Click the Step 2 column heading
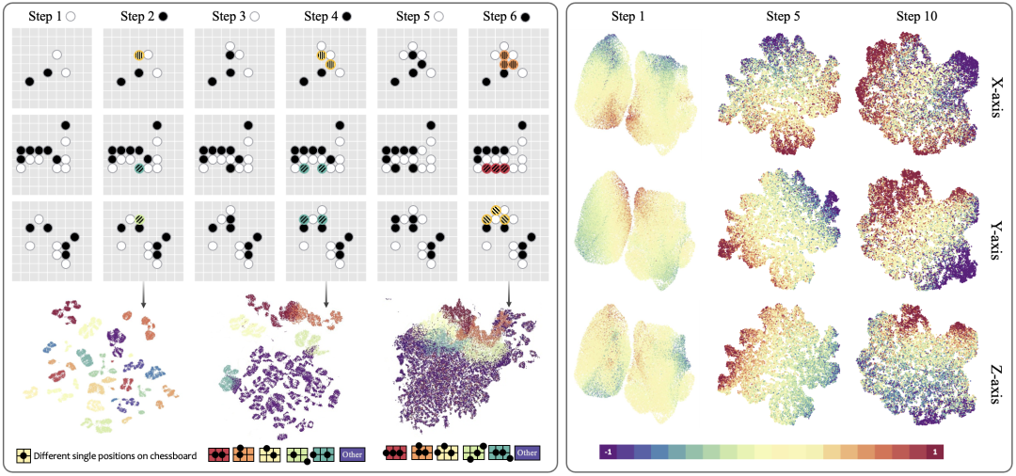tap(137, 16)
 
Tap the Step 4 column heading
tap(322, 16)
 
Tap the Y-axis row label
tap(994, 230)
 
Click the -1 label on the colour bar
tap(608, 452)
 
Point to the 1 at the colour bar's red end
tap(934, 452)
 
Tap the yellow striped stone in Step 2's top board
tap(138, 55)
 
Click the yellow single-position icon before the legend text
tap(23, 455)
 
